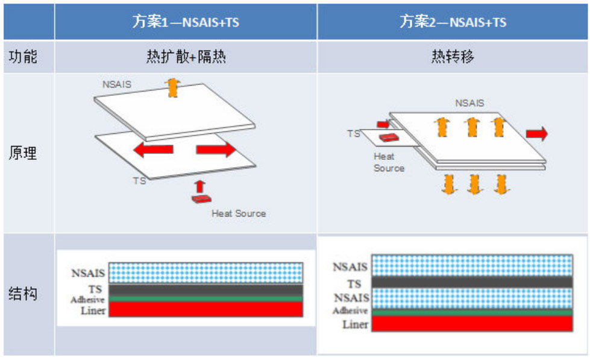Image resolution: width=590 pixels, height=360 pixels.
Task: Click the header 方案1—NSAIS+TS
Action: click(x=186, y=22)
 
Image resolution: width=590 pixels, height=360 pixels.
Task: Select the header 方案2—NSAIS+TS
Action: click(x=453, y=22)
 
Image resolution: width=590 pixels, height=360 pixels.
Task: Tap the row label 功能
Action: click(x=23, y=57)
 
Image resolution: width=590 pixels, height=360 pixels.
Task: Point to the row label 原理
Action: click(x=23, y=153)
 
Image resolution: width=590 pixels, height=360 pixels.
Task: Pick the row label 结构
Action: click(x=23, y=294)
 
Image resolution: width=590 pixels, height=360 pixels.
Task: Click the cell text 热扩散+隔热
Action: click(x=186, y=57)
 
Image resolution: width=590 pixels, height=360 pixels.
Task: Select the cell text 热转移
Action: click(x=453, y=57)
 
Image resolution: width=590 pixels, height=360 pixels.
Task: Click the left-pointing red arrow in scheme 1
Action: click(x=153, y=150)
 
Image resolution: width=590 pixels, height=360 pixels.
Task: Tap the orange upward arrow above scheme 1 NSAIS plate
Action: click(x=174, y=88)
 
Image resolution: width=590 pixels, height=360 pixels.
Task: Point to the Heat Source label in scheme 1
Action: click(x=239, y=213)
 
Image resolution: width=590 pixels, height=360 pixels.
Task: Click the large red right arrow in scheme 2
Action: click(x=536, y=133)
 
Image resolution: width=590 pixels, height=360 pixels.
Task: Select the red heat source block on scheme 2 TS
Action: click(x=387, y=137)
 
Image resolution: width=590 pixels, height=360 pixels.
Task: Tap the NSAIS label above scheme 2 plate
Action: click(x=469, y=103)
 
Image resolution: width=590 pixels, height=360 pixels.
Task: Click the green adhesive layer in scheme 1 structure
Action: click(x=205, y=298)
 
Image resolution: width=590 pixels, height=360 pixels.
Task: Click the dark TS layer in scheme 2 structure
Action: click(x=471, y=282)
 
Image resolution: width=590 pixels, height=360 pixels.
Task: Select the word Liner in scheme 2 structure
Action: click(x=355, y=324)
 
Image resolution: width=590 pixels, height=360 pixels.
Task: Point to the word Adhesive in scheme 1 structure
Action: click(x=87, y=300)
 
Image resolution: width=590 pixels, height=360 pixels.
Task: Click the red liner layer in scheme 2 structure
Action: click(x=471, y=323)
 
